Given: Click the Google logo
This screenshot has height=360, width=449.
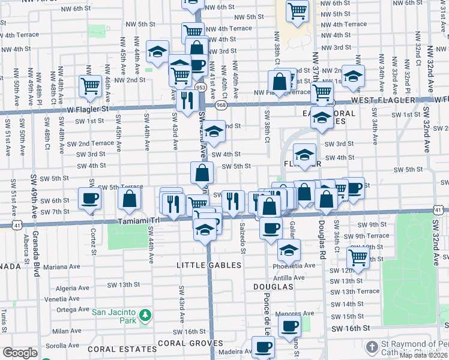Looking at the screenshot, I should click(x=20, y=352).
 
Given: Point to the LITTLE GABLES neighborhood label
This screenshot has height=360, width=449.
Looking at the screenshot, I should click(x=209, y=265).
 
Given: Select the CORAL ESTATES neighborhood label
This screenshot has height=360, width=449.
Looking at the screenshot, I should click(x=122, y=348).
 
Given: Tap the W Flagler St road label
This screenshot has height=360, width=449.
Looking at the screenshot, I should click(x=88, y=109).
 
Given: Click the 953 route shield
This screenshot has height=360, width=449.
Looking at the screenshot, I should click(x=200, y=88).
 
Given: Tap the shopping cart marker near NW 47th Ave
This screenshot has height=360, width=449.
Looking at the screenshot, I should click(x=90, y=85).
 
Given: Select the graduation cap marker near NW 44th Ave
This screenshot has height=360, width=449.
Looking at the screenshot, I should click(x=158, y=52).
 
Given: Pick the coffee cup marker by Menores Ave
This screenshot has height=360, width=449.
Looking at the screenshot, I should click(x=290, y=326).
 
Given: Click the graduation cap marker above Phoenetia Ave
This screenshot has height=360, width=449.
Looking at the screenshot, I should click(x=289, y=249).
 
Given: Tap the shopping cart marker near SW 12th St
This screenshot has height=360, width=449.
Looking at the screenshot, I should click(x=358, y=257).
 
